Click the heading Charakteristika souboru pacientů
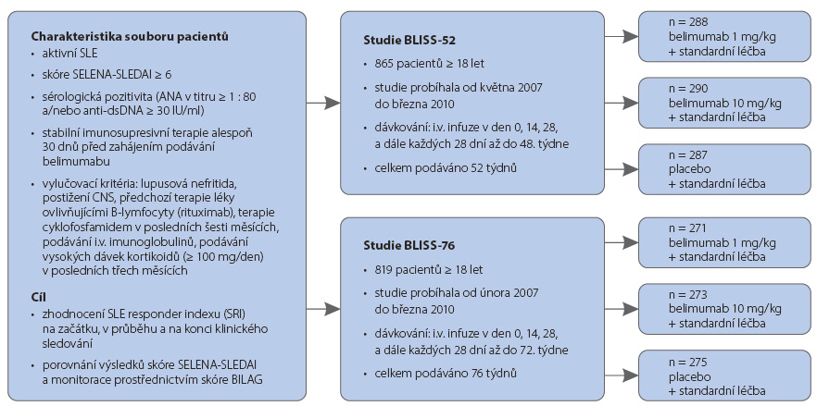pos(130,37)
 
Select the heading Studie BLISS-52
pos(405,40)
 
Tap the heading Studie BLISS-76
pos(405,246)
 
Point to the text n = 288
pos(687,22)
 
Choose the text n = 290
pos(687,89)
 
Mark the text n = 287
pos(687,154)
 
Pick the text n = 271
pos(687,228)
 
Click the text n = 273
pos(687,294)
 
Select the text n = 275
pos(687,363)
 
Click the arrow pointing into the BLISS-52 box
pos(323,103)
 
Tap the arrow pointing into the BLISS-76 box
pos(323,309)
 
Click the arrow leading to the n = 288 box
pos(622,36)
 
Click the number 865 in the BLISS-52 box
pos(383,64)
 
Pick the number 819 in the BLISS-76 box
pos(383,270)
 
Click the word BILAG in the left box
pos(248,379)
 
